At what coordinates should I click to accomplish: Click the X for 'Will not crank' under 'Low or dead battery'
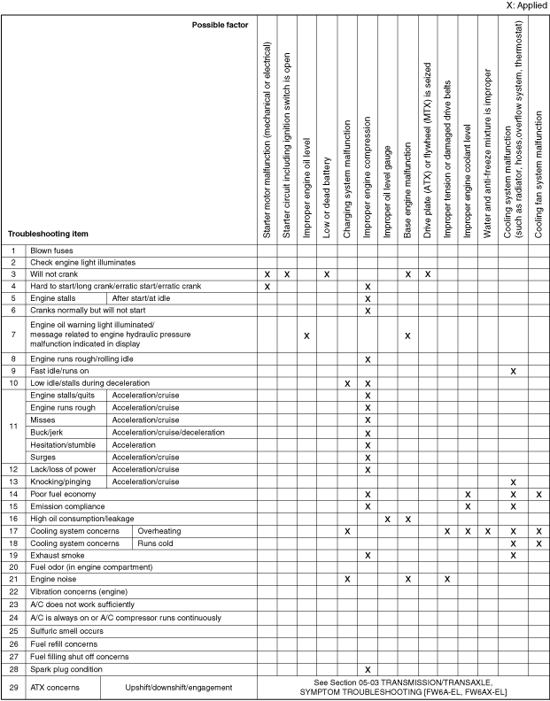coord(327,274)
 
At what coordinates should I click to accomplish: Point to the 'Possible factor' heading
coord(220,24)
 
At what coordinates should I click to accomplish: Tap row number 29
coord(13,687)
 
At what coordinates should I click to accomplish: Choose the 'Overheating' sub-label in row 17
coord(160,530)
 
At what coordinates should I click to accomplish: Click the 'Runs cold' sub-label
coord(157,543)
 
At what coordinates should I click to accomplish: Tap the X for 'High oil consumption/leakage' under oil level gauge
coord(387,519)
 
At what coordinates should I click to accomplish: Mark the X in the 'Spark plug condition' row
coord(367,670)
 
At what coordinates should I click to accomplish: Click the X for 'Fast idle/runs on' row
coord(513,371)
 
